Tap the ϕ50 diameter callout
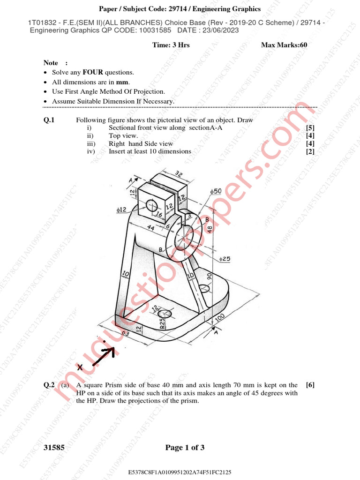click(216, 191)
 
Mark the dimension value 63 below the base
click(125, 333)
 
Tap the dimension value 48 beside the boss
click(210, 229)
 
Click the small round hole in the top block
click(152, 205)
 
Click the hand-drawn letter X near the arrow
click(80, 368)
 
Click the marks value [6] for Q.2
click(310, 385)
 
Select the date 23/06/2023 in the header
click(213, 30)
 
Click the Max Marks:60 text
click(284, 45)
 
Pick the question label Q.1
click(49, 120)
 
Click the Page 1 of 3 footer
click(185, 448)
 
